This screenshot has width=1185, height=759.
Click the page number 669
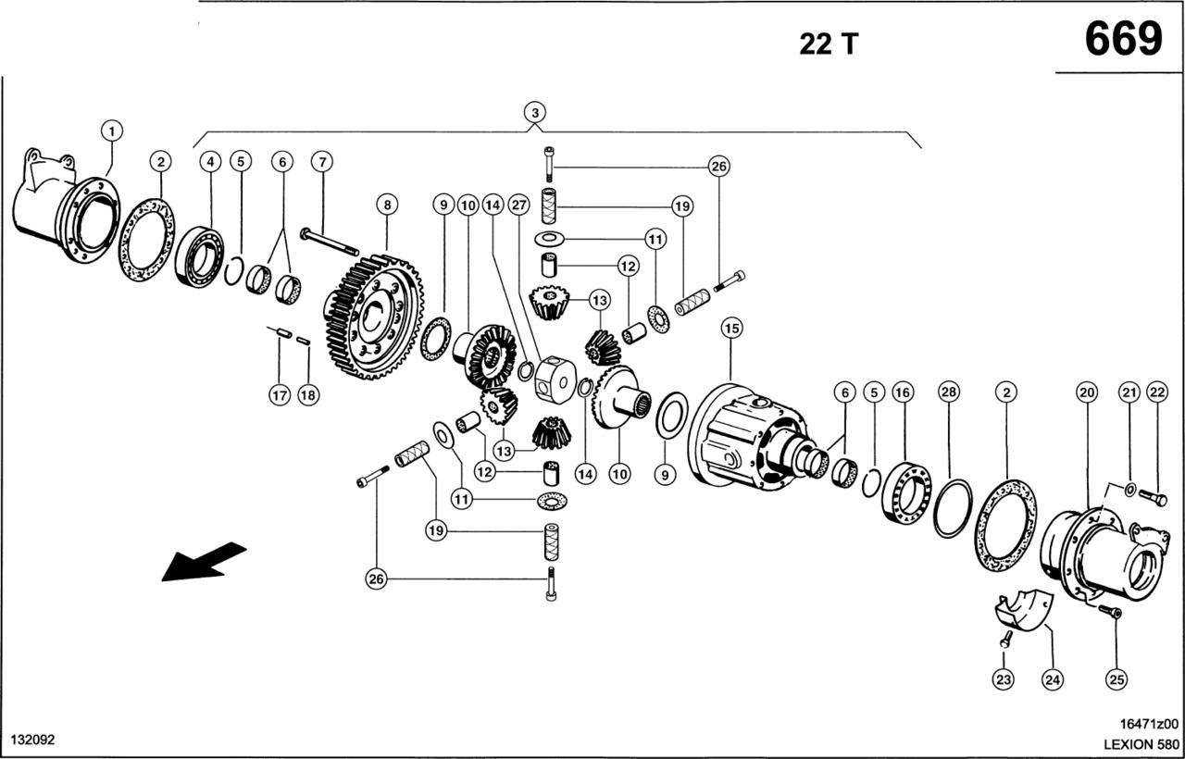(1122, 40)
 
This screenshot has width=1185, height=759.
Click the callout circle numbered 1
(112, 131)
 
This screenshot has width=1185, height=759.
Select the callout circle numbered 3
(534, 113)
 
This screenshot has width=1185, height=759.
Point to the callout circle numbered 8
(386, 204)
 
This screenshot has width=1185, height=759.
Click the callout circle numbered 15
(732, 328)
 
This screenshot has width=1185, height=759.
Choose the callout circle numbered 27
(518, 204)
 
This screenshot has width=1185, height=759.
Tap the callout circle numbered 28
(947, 392)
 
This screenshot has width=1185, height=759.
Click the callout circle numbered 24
(1051, 680)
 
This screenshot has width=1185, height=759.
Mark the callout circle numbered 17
(280, 395)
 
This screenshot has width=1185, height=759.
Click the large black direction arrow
(204, 561)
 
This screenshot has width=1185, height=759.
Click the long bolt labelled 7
(330, 243)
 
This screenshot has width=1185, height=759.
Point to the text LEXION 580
(1141, 743)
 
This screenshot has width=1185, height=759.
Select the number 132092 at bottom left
(33, 740)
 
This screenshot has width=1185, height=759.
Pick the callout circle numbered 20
(1087, 392)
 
